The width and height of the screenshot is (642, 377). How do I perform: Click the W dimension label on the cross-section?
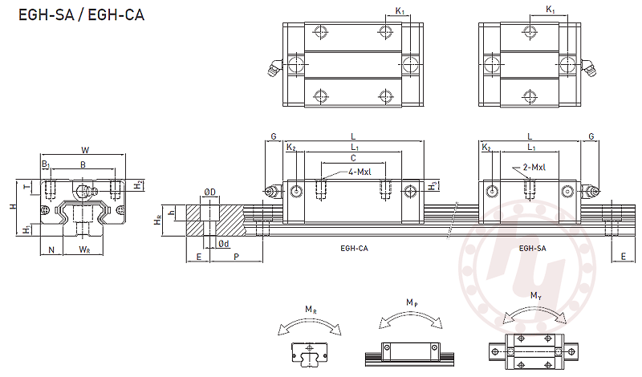[85, 149]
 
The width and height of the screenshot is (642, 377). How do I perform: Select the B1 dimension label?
[46, 165]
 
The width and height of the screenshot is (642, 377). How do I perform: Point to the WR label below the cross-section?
[84, 250]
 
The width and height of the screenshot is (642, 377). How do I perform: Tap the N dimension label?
[51, 250]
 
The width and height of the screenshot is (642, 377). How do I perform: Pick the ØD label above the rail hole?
[209, 192]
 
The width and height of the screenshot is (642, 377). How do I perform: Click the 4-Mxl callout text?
[360, 173]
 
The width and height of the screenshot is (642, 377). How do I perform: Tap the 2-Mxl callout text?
[534, 168]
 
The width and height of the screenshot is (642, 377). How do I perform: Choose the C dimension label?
[353, 159]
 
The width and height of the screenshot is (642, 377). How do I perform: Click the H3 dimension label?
[433, 186]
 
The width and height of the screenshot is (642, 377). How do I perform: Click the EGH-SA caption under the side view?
[533, 249]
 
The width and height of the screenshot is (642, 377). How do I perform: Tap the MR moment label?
[310, 310]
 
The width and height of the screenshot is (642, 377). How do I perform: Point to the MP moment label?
[411, 302]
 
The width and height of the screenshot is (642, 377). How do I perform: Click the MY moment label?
[534, 296]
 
